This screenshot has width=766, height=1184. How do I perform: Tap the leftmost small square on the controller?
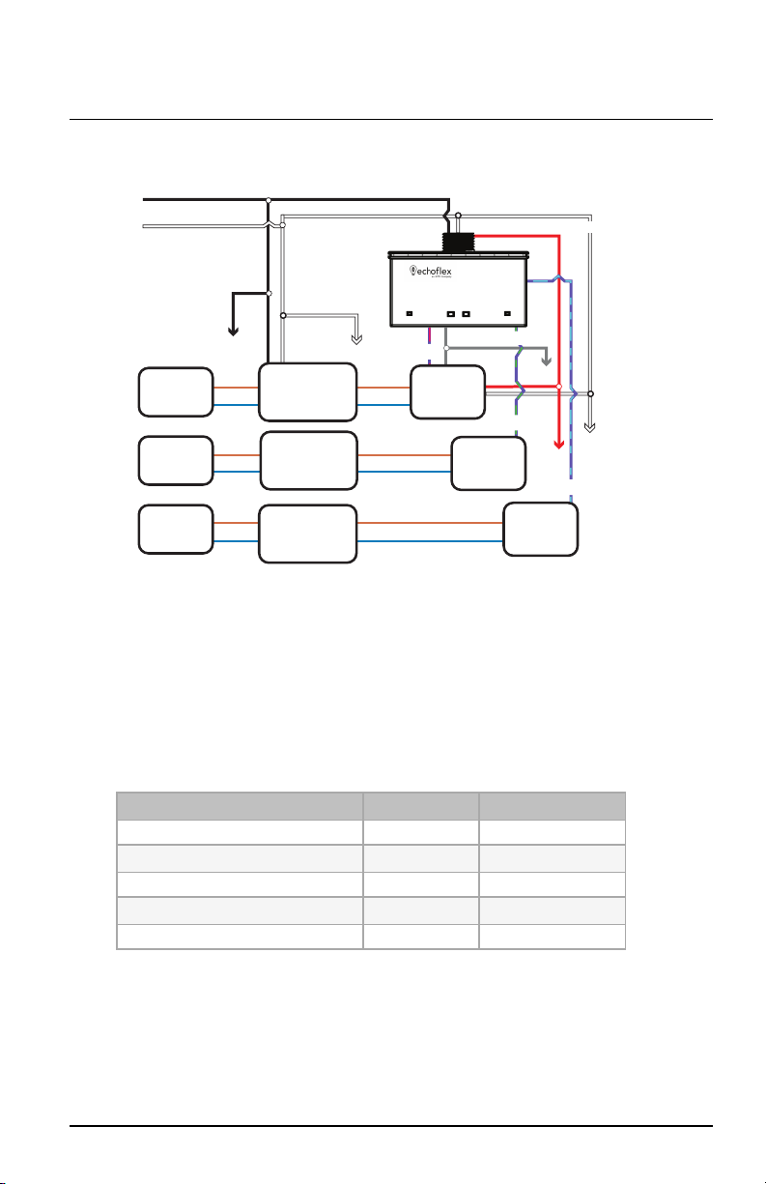[410, 314]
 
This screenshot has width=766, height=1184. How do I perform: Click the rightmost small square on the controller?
[508, 314]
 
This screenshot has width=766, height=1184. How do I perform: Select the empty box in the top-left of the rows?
[175, 391]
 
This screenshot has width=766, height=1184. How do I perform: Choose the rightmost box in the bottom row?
[541, 530]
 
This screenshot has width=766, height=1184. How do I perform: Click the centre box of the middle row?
[309, 461]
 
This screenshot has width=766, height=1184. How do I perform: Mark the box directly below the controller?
[447, 391]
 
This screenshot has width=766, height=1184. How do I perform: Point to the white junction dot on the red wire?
[558, 386]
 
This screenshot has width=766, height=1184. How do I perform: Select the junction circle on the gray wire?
[445, 348]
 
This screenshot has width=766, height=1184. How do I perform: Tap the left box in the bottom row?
[175, 529]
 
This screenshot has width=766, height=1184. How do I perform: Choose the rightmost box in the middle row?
[489, 462]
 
